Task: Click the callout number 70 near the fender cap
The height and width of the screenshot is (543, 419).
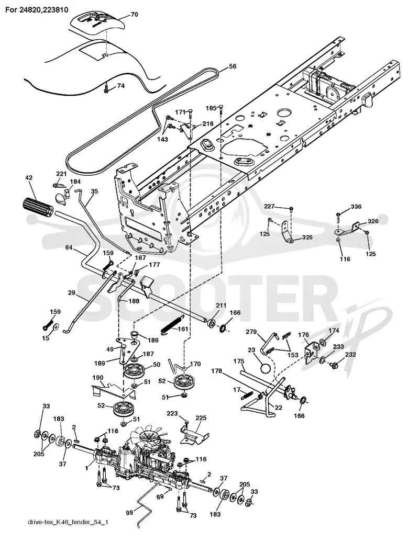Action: [x=134, y=14]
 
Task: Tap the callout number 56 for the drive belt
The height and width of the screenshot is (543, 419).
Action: [x=233, y=66]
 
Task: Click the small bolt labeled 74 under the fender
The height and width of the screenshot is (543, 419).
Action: [x=107, y=89]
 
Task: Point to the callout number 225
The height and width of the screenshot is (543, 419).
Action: [x=202, y=418]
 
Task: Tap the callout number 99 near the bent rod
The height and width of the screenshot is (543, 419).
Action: [x=129, y=513]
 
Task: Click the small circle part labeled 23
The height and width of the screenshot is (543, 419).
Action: [x=266, y=367]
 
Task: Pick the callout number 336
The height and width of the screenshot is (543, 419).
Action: [x=356, y=207]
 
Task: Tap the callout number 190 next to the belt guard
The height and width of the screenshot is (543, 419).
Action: [x=97, y=378]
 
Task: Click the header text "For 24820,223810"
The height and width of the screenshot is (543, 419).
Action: [x=37, y=10]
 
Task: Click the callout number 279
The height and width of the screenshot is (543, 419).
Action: [x=251, y=332]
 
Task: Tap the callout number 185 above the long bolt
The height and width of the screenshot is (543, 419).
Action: [x=211, y=108]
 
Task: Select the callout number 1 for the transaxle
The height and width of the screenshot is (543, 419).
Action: [x=87, y=468]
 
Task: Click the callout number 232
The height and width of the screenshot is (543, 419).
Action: [x=350, y=355]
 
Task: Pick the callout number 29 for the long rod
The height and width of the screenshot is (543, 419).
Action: [x=71, y=293]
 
